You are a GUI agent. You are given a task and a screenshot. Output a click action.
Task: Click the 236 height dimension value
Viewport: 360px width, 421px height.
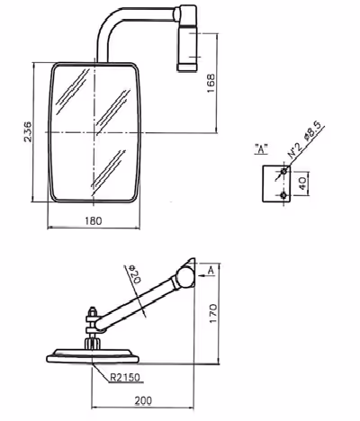tap(28, 131)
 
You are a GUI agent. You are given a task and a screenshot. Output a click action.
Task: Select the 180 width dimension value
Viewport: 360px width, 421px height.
tap(94, 221)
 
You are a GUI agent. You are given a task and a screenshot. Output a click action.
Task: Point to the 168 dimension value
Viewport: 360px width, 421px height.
tap(211, 83)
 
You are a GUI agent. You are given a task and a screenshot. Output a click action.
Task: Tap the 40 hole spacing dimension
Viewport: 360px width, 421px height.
tap(302, 184)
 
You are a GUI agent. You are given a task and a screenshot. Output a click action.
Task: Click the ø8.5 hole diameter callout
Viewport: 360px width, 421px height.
tap(312, 131)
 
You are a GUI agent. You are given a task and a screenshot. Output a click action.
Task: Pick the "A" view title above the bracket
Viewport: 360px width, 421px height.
tap(261, 149)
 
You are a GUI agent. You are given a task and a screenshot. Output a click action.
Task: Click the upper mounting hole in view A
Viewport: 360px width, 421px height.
tap(283, 171)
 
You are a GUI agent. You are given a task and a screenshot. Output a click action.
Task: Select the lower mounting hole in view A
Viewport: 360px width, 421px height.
tap(283, 195)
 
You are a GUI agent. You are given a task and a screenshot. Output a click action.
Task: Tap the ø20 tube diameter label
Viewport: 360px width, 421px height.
tap(134, 274)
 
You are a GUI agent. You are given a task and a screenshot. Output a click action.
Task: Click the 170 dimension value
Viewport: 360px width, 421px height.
tap(212, 313)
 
